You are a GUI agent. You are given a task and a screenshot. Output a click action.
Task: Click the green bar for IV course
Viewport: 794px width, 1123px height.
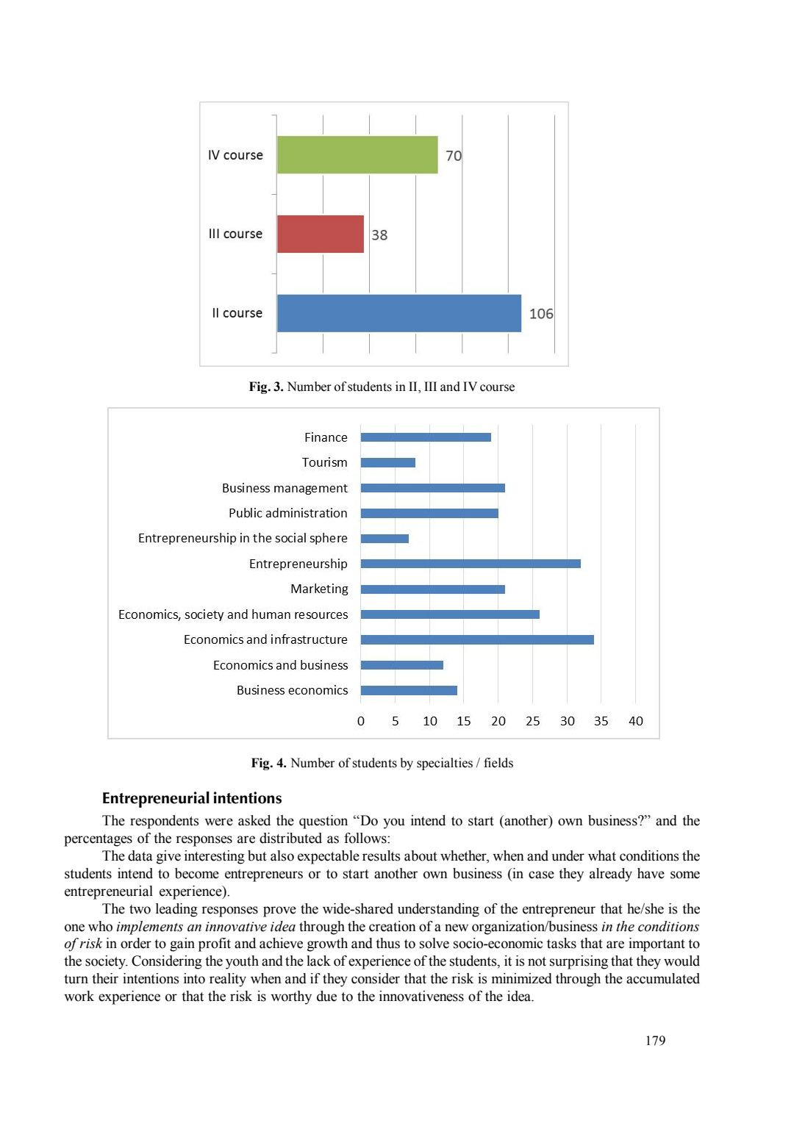(x=357, y=155)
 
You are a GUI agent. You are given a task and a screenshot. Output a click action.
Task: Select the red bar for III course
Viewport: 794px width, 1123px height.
(x=321, y=234)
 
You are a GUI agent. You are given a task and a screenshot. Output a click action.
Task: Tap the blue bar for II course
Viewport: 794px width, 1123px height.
(x=399, y=313)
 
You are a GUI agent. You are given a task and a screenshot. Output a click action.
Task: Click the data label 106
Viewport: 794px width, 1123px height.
(x=541, y=314)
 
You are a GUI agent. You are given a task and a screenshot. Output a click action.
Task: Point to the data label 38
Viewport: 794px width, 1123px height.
(x=379, y=235)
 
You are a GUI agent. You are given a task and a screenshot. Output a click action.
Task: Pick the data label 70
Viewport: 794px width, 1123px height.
(x=454, y=156)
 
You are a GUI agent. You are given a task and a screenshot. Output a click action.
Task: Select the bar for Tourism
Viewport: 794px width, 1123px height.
(x=388, y=463)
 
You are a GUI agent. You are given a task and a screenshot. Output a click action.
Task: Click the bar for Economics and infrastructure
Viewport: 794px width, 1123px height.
(x=477, y=640)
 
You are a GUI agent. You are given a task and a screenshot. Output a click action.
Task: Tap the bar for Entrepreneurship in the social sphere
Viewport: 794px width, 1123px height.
(x=385, y=539)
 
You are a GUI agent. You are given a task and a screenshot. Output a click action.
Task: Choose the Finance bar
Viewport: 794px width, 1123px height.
(x=426, y=437)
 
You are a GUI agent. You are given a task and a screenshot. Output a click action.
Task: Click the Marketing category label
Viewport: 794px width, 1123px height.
(x=319, y=589)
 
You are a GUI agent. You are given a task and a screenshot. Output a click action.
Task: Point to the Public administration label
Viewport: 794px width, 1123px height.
(x=287, y=513)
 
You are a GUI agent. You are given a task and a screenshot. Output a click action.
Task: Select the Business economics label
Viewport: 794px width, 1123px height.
(x=292, y=690)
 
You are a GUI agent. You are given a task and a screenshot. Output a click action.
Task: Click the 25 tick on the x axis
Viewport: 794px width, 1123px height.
(x=532, y=721)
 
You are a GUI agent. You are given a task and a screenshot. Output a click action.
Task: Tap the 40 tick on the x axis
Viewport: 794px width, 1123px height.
(x=635, y=721)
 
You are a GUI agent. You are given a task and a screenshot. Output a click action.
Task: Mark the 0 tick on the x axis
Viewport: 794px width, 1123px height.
(x=361, y=721)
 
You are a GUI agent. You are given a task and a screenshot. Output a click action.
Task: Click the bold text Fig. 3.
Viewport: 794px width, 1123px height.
(x=266, y=387)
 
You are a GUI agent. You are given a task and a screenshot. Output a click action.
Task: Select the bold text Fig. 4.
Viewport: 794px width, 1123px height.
(x=268, y=763)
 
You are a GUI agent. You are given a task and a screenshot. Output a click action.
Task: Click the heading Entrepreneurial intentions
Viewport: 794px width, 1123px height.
(x=192, y=798)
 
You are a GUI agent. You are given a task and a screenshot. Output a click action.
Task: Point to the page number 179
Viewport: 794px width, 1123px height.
(x=655, y=1041)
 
